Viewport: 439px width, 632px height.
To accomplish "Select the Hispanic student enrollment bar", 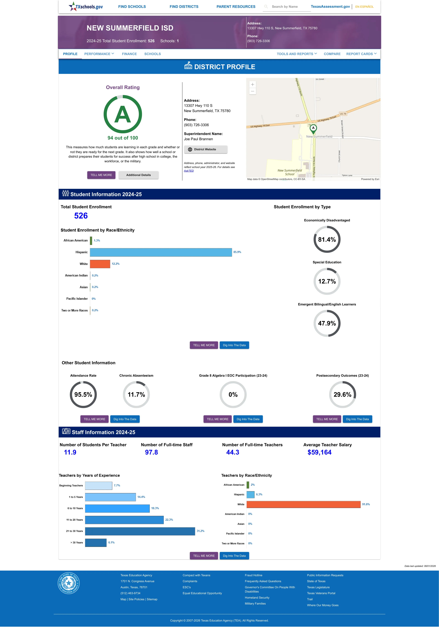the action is click(x=161, y=252).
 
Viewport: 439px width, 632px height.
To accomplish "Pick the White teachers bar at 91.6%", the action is click(x=303, y=504).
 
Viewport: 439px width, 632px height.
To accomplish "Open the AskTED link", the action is click(x=189, y=171).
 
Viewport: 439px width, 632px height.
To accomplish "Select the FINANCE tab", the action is click(x=129, y=54).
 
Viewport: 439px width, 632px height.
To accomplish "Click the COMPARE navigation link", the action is click(x=332, y=54).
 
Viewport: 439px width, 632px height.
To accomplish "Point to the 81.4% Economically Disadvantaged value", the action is click(x=327, y=239).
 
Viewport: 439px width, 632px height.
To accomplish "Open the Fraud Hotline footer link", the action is click(x=253, y=575).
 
